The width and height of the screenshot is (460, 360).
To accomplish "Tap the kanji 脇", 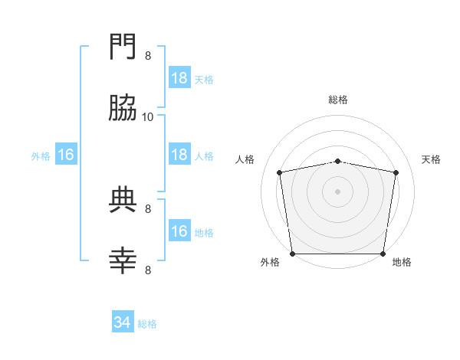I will [x=123, y=111].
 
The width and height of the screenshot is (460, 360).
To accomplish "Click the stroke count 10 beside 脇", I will [x=148, y=116].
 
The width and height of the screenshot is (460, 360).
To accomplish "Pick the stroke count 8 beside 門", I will [x=148, y=55].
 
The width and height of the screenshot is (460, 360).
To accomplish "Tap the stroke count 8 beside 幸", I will [x=148, y=270].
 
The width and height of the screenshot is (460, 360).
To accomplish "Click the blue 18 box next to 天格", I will [x=179, y=78].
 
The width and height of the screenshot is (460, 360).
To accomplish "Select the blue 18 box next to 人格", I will [x=179, y=155].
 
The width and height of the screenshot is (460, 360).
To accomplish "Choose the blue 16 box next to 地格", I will [x=179, y=231].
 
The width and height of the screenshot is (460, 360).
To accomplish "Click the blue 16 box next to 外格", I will [x=66, y=155].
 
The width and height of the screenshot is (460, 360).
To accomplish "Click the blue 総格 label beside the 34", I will [x=147, y=324].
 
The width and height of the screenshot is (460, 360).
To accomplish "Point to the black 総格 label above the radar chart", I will [x=338, y=100].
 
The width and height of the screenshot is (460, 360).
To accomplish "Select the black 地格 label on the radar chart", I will [x=402, y=262].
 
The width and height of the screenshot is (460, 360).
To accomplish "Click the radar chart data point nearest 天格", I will [x=396, y=172].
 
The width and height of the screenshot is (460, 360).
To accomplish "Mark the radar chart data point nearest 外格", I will [x=293, y=254].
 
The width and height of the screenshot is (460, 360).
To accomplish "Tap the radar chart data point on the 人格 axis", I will [x=280, y=172].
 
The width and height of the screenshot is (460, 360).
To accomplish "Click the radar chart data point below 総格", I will [x=338, y=161].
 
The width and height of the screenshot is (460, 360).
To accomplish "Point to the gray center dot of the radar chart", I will [x=338, y=191].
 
